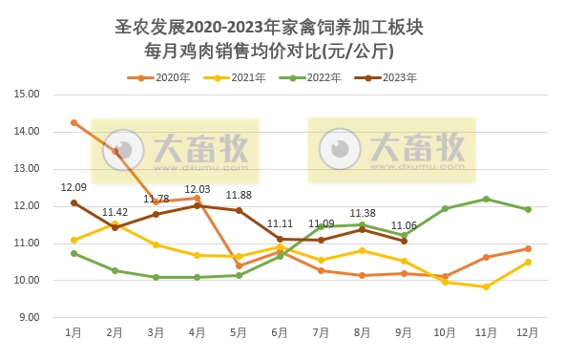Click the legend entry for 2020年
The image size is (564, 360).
tap(166, 77)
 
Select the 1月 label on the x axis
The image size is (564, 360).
tap(73, 332)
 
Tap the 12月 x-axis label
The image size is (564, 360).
tap(527, 332)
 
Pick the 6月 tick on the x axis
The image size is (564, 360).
tap(280, 332)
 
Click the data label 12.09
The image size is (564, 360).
tap(73, 188)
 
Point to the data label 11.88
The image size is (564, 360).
tap(239, 196)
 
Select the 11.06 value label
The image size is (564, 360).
tap(404, 226)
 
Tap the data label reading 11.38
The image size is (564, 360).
tap(363, 214)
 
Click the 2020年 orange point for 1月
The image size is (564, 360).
tap(73, 122)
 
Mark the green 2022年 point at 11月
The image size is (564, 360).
tap(486, 199)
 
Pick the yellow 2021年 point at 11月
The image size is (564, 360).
tap(486, 286)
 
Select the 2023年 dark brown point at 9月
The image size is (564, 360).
tap(404, 241)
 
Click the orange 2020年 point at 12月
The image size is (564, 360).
tap(527, 248)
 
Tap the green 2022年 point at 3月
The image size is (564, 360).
tap(156, 277)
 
